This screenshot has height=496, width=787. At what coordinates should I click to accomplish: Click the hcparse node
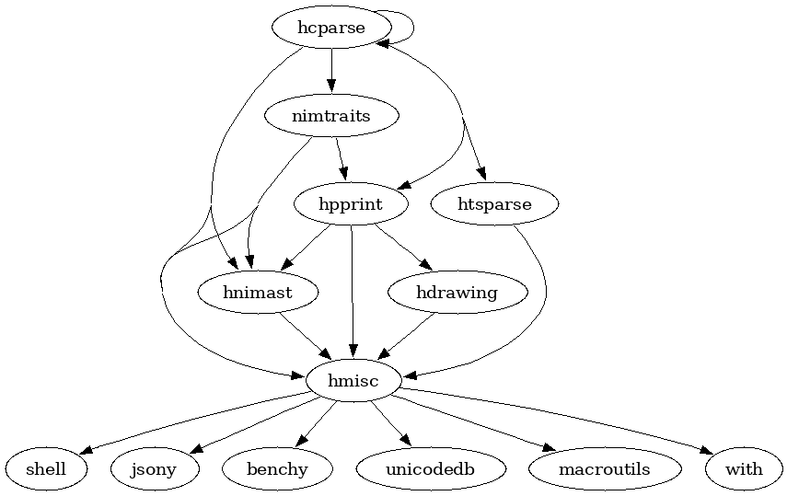(331, 28)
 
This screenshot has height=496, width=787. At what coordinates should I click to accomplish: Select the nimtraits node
(330, 116)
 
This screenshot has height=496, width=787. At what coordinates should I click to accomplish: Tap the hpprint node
(351, 204)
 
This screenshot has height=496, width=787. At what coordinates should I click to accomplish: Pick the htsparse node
(494, 204)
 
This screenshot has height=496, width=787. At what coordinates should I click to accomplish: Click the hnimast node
(258, 293)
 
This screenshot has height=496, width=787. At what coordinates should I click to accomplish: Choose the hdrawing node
(457, 293)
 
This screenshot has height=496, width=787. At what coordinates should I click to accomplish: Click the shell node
(46, 469)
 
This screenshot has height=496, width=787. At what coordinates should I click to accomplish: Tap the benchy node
(277, 469)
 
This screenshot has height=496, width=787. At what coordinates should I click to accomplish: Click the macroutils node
(604, 469)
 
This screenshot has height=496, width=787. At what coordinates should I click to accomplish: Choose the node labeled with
(744, 469)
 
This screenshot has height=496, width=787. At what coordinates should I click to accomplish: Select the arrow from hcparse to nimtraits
(331, 70)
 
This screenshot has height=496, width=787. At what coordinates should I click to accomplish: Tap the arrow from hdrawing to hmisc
(407, 336)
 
